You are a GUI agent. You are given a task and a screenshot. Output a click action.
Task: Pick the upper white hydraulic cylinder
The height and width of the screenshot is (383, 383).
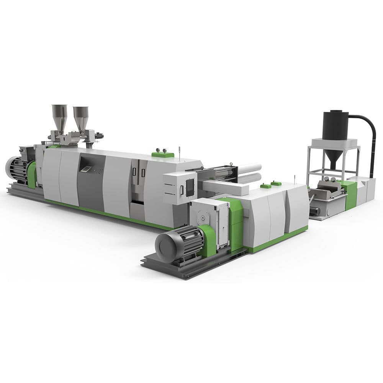tap(249, 168)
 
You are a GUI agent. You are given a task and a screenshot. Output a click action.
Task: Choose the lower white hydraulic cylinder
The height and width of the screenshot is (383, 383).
tap(249, 178)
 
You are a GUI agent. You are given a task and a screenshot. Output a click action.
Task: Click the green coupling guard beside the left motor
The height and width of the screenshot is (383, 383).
tap(32, 174)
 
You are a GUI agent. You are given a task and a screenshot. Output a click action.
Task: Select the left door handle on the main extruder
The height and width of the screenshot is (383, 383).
tap(134, 172)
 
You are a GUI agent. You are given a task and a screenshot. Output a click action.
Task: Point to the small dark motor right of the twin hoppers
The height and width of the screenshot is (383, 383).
tap(99, 135)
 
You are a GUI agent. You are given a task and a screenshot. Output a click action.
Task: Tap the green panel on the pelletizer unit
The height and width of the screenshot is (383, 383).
tap(350, 195)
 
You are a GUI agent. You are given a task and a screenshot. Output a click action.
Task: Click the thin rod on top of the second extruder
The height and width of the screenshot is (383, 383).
tap(294, 179)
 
